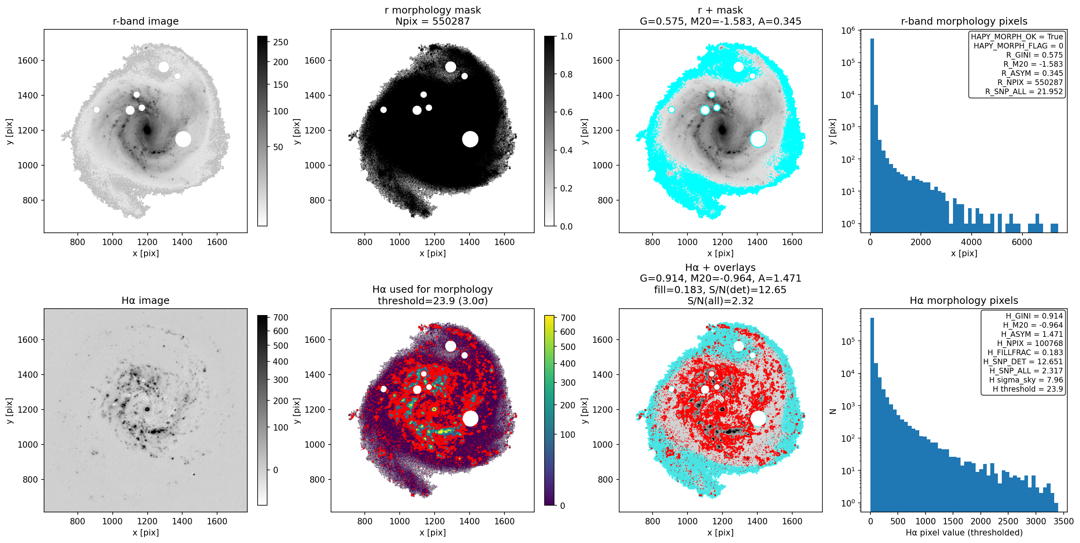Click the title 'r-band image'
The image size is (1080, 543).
[146, 21]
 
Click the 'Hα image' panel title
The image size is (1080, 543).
[146, 300]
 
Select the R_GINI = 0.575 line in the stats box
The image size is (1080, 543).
[1034, 55]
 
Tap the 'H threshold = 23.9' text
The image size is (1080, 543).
[1028, 389]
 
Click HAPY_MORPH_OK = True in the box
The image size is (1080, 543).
[1017, 37]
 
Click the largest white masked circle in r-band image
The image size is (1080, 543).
[183, 139]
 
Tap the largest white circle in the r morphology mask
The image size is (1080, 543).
[470, 139]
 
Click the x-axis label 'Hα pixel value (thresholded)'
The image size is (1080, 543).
[964, 533]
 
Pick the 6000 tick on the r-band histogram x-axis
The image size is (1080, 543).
[1022, 242]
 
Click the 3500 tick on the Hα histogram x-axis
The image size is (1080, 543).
[1063, 521]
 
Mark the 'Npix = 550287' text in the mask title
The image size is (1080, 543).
[432, 21]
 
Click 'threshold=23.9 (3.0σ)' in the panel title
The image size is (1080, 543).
[432, 300]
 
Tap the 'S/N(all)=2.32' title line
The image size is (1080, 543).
[720, 300]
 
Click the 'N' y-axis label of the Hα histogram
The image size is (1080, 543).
[833, 412]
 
